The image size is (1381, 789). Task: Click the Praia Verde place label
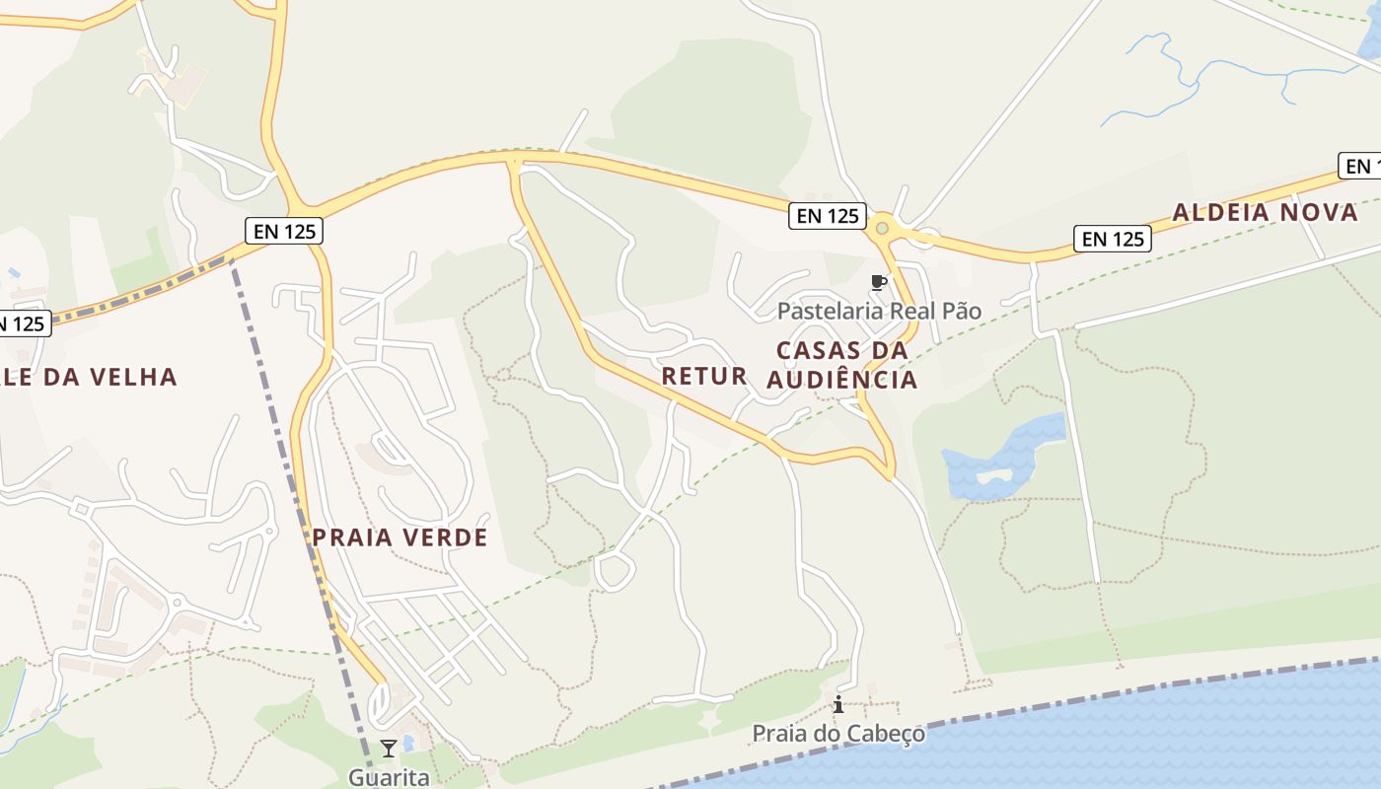(400, 538)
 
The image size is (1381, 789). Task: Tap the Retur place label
(704, 376)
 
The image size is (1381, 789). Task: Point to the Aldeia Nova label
(1265, 212)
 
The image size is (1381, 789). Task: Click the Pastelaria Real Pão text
(879, 312)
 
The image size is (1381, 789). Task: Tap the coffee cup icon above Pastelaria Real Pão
(878, 284)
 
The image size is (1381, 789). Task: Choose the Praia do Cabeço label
(838, 734)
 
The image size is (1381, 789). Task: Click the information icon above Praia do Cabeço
(838, 704)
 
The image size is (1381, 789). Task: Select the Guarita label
(389, 777)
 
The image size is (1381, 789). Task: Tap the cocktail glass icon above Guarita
(389, 749)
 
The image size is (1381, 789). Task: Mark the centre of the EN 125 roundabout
(882, 229)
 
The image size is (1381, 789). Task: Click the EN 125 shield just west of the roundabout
(828, 216)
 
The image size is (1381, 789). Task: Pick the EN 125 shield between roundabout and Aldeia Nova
(1113, 239)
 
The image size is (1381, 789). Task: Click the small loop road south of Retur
(615, 571)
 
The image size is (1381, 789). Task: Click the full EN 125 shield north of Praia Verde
(284, 232)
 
